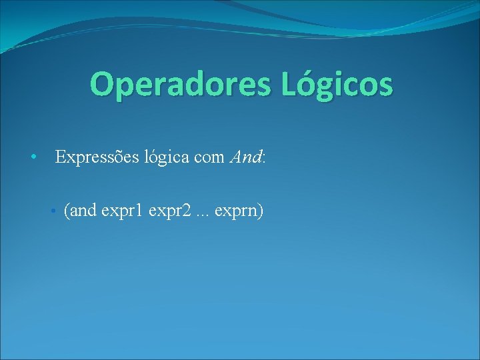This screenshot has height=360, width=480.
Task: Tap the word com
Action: tap(210, 158)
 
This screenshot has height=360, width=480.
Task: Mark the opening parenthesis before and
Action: tap(67, 211)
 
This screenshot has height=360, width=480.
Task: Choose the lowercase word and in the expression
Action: tap(83, 211)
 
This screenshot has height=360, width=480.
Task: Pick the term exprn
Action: tap(237, 212)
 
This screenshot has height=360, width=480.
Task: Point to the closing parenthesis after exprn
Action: tap(261, 211)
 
